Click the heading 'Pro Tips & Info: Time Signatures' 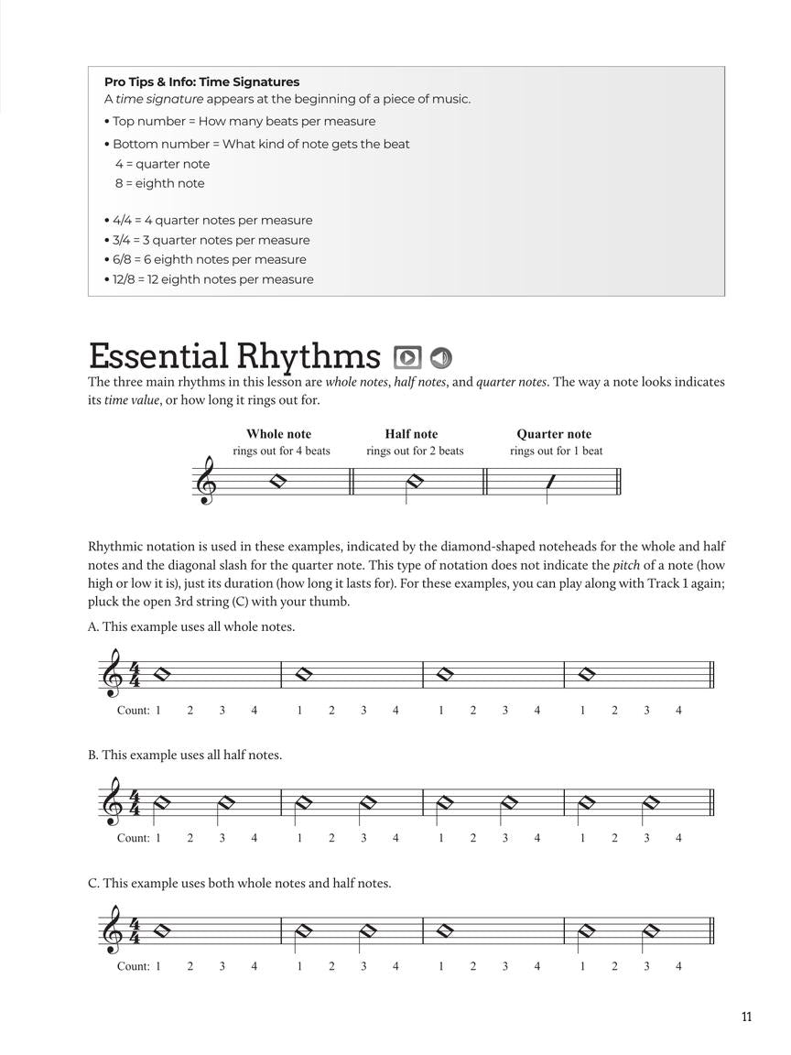[x=201, y=82]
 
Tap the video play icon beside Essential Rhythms [x=406, y=357]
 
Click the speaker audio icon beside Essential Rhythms [x=441, y=357]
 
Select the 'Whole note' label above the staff [x=278, y=434]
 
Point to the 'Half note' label [x=411, y=434]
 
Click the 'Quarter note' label [x=554, y=434]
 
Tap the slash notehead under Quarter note [x=550, y=481]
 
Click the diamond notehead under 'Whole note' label [x=278, y=481]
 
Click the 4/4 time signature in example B [x=135, y=803]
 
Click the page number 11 [x=746, y=1017]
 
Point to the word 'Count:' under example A [x=133, y=710]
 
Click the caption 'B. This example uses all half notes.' [x=185, y=755]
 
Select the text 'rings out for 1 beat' [x=556, y=451]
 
